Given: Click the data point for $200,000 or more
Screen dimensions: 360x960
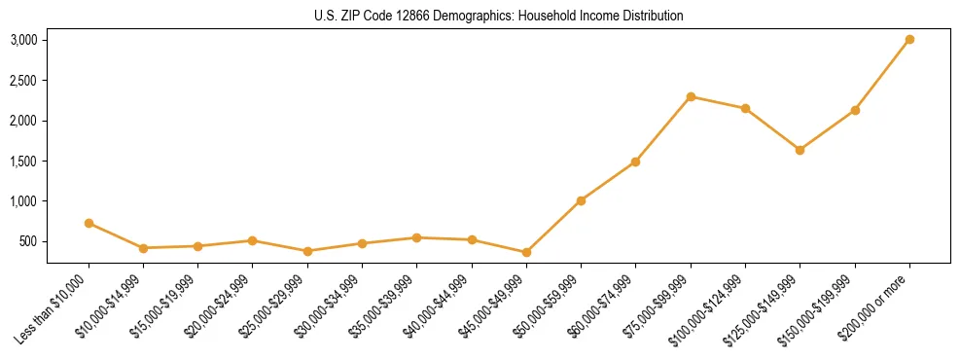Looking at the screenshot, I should tap(909, 40).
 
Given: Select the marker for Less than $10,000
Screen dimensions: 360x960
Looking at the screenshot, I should tap(89, 223).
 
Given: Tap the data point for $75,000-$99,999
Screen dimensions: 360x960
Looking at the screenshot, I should tap(691, 96).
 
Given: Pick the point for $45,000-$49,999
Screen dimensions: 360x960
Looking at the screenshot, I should tap(526, 252).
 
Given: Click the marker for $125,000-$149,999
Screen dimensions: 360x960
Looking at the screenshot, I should tap(800, 150).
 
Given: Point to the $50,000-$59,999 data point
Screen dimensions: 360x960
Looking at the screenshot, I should tap(581, 200).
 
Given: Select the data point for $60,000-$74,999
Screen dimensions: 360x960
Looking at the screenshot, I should tap(635, 162).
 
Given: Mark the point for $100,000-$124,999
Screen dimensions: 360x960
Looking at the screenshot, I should tap(745, 108).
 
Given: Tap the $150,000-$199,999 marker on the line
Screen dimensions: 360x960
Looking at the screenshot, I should tap(855, 110).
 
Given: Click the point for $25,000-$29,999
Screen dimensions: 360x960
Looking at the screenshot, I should tap(307, 251).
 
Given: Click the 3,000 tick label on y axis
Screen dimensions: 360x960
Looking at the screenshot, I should tap(24, 40).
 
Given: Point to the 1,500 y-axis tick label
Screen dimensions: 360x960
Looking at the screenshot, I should tap(24, 162).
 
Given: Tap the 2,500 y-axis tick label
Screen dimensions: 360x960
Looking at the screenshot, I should tap(24, 81).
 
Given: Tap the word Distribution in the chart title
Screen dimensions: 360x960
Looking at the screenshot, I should tap(650, 17).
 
